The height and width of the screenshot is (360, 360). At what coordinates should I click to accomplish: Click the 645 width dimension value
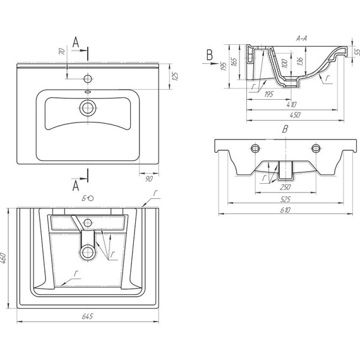coord(88,316)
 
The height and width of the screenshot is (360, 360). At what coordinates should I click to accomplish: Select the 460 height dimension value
coord(3,258)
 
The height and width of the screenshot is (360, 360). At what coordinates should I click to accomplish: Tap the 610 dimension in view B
coord(285,210)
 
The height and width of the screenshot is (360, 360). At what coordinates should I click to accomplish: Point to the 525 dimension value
coord(285,199)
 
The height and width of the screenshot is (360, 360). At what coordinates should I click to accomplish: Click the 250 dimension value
coord(285,187)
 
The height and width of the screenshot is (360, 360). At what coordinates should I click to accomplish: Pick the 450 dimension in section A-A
coord(295,115)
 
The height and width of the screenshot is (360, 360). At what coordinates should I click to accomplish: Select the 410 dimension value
coord(292,104)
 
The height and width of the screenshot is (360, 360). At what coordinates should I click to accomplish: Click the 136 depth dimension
coord(300,61)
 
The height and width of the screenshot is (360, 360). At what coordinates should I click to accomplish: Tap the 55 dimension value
coord(357,52)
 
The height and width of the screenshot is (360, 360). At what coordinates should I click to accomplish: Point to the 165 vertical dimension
coord(234,61)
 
